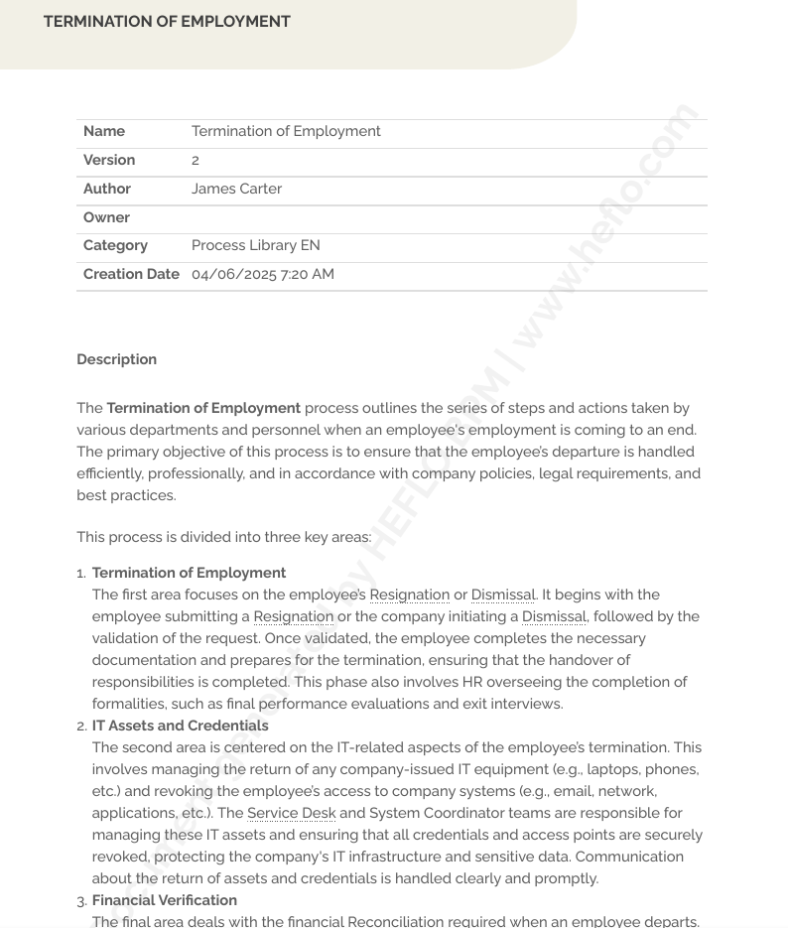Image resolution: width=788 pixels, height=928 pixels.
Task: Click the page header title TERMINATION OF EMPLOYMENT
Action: [x=167, y=21]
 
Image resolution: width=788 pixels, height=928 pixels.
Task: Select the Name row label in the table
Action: [x=104, y=131]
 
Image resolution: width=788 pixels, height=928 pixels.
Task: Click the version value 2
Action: [x=196, y=160]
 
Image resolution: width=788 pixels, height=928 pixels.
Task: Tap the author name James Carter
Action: [x=236, y=189]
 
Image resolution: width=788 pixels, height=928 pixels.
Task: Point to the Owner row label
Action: [x=106, y=217]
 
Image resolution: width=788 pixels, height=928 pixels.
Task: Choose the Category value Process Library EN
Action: [x=255, y=245]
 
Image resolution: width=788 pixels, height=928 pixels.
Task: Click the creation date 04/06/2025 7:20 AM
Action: [x=262, y=274]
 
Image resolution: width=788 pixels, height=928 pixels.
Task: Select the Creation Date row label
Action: [x=131, y=274]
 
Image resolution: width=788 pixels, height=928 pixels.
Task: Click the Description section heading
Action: [x=116, y=359]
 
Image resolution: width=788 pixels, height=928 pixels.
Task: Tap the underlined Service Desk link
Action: [x=291, y=813]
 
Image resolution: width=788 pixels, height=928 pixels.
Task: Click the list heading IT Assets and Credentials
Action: [x=180, y=726]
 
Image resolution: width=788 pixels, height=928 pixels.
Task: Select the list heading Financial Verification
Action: [x=164, y=900]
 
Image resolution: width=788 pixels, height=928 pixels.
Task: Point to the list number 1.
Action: [x=81, y=574]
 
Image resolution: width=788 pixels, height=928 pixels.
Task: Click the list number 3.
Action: [x=81, y=901]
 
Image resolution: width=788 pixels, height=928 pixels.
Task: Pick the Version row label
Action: [x=109, y=160]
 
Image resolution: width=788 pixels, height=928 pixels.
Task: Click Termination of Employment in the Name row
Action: [x=286, y=131]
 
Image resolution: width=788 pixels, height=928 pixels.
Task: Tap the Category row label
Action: [x=115, y=245]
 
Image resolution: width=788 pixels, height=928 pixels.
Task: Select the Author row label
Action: [x=107, y=189]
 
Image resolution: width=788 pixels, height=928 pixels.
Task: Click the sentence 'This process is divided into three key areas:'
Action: [x=223, y=537]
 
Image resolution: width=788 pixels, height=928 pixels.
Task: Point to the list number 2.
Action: [x=81, y=727]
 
